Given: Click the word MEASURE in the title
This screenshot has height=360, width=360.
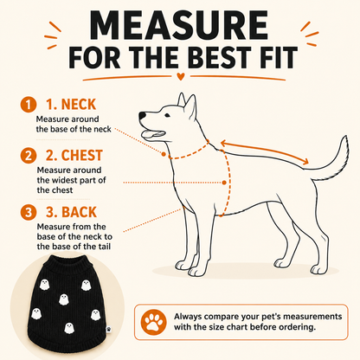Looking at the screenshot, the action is [x=179, y=26].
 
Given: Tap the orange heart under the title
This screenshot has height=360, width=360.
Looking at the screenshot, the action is [x=181, y=76].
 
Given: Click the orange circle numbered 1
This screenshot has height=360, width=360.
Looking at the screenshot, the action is [x=29, y=105].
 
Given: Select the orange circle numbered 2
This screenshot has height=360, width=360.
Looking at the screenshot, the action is [x=29, y=156].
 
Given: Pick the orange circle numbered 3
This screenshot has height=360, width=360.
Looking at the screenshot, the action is [x=29, y=212].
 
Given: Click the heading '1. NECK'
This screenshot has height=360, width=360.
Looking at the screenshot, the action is [x=71, y=105].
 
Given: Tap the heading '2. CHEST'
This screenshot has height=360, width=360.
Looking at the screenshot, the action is [x=74, y=156].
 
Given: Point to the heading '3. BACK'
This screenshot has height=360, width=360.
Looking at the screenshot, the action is [x=71, y=212].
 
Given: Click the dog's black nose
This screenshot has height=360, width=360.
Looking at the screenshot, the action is [x=142, y=116].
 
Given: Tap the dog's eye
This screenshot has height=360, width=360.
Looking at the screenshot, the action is [x=167, y=116].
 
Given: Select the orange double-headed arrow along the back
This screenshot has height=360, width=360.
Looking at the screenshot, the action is [x=264, y=152].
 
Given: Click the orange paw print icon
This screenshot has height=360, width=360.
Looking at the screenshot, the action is [x=153, y=322].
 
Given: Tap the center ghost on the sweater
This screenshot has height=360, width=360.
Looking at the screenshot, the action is [x=64, y=299].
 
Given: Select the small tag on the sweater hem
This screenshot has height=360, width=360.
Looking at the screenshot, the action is [x=108, y=329].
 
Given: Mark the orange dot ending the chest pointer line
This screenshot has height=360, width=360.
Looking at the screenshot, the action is [x=224, y=183].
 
